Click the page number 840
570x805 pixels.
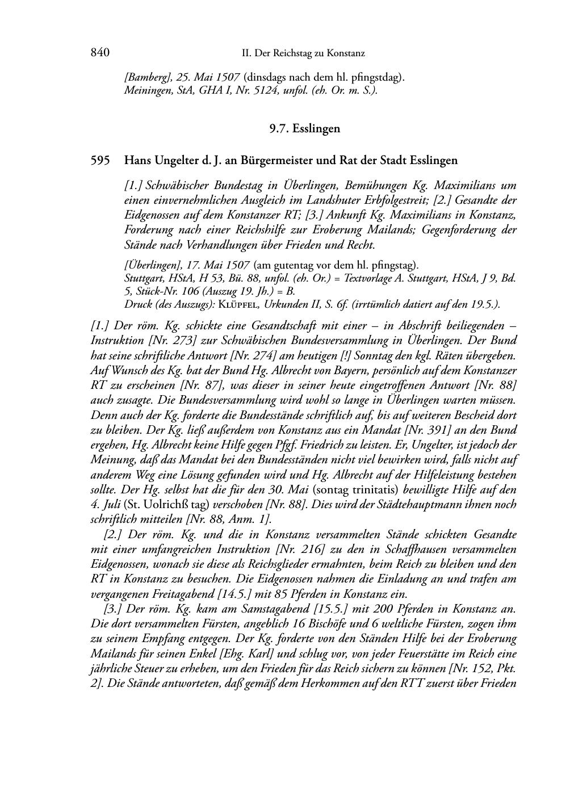[x=99, y=53]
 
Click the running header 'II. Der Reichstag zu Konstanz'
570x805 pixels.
[x=303, y=53]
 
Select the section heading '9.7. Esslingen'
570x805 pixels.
[x=305, y=129]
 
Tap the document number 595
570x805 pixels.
[x=100, y=161]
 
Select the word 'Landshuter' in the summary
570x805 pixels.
[x=368, y=200]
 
